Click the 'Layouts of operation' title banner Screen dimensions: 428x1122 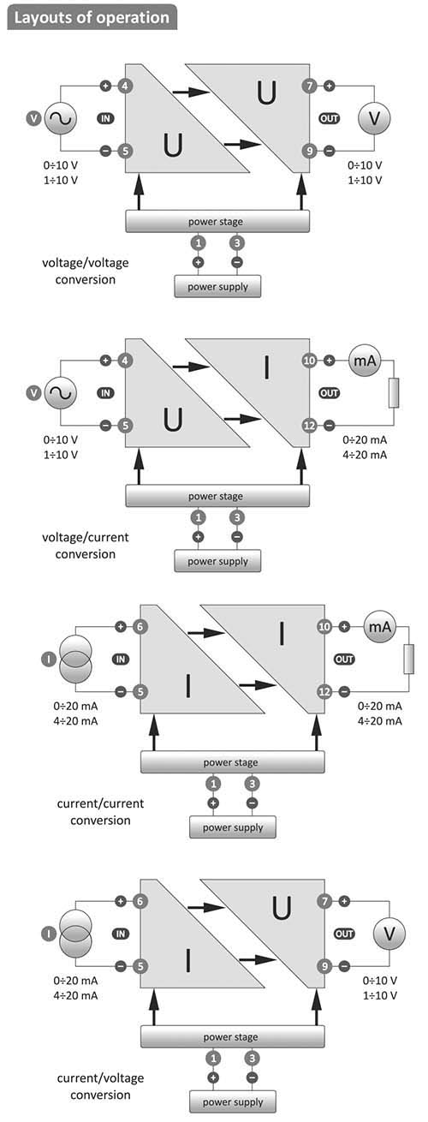92,17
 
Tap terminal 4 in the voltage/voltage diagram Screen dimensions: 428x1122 125,86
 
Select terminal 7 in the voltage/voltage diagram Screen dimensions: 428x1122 310,86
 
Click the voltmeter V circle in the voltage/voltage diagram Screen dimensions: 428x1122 374,118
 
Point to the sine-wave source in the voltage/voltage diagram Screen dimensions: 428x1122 61,118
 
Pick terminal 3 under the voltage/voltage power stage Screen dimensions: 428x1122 237,243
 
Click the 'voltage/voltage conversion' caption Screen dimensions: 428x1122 85,271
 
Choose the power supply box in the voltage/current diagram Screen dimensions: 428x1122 217,561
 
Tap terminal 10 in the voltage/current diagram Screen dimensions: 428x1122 310,360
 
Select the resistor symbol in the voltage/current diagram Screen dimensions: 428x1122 394,393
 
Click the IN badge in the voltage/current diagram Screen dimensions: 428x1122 105,393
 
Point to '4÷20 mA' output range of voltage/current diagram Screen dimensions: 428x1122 365,455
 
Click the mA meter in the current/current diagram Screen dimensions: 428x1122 380,627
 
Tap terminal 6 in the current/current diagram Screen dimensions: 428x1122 140,627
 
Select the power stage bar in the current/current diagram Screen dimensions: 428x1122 232,762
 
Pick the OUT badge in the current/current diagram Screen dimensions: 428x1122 344,659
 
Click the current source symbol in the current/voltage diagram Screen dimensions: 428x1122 75,934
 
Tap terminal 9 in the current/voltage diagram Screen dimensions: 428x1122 325,966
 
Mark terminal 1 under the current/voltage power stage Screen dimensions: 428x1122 213,1059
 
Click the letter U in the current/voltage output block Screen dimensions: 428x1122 282,908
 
